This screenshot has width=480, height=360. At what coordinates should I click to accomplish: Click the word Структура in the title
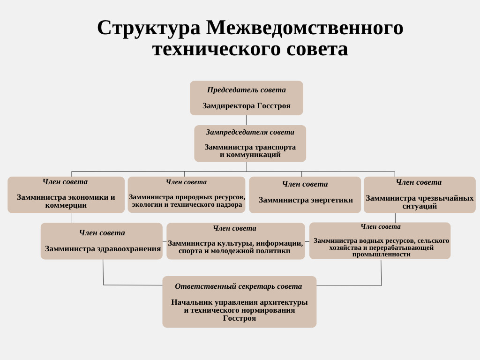[x=149, y=28]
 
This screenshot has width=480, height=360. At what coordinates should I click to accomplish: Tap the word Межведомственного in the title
[x=305, y=28]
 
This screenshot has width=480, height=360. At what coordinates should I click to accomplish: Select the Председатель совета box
[x=247, y=98]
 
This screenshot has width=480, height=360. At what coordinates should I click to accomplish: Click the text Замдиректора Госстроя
[x=247, y=106]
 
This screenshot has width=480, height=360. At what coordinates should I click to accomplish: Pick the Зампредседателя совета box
[x=250, y=143]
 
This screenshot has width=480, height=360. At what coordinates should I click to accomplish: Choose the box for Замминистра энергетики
[x=305, y=195]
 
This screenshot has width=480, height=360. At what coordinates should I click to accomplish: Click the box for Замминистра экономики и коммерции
[x=66, y=195]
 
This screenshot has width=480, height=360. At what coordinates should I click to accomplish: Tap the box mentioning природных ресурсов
[x=187, y=195]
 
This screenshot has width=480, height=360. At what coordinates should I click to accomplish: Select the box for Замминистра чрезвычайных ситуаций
[x=420, y=195]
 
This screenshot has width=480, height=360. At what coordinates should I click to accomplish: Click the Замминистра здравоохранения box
[x=102, y=241]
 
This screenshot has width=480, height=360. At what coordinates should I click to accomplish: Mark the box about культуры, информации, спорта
[x=236, y=241]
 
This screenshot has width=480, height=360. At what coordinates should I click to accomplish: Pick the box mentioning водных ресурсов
[x=380, y=241]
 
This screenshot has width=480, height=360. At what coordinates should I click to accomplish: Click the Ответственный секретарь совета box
[x=240, y=302]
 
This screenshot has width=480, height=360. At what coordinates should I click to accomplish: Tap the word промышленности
[x=381, y=255]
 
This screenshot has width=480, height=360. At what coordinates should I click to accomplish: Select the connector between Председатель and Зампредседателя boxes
[x=247, y=120]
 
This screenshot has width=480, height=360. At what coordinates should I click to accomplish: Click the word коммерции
[x=66, y=205]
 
